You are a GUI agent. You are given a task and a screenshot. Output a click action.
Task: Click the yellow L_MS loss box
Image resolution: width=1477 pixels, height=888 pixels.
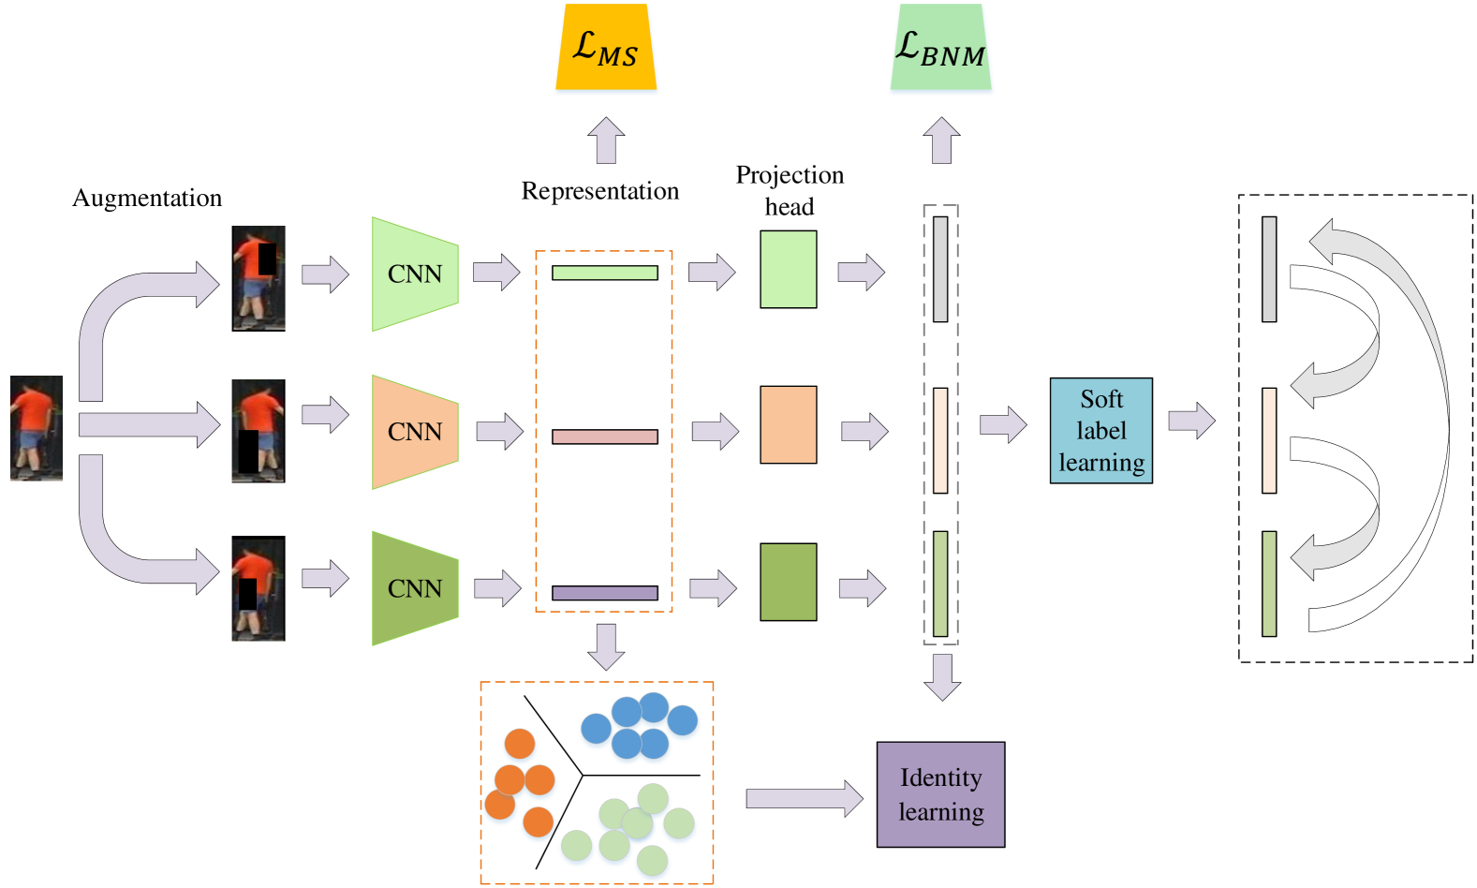[606, 49]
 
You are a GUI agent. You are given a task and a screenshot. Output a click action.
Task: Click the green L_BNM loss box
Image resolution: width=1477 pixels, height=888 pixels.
[941, 49]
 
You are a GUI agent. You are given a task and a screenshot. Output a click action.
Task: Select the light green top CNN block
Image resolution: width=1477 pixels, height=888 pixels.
[415, 274]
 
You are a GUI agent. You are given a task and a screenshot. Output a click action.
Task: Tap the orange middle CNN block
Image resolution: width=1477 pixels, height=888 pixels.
[415, 431]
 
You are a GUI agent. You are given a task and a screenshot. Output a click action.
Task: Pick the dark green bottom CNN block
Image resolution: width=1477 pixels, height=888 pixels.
[415, 588]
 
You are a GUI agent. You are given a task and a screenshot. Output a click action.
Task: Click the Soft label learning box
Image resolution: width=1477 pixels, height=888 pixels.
[1100, 431]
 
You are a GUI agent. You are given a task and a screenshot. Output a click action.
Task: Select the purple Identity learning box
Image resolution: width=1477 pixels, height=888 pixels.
[940, 794]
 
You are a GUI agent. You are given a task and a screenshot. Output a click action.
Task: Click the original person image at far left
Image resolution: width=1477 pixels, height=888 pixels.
[37, 428]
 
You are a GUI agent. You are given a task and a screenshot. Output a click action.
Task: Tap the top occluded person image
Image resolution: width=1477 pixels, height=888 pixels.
[259, 277]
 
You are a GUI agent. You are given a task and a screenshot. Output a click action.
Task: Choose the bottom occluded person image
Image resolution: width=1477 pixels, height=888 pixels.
[258, 590]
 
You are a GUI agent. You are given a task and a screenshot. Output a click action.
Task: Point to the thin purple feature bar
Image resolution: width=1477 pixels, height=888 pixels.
[604, 593]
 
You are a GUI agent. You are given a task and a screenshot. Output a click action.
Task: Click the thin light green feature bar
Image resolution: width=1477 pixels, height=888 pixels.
[604, 273]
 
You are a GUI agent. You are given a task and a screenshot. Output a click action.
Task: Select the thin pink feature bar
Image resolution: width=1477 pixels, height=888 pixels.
[604, 437]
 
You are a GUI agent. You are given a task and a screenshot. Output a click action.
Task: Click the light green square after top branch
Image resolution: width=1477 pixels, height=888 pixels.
[788, 269]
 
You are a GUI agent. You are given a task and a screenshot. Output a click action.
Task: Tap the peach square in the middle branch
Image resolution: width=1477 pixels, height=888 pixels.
[788, 424]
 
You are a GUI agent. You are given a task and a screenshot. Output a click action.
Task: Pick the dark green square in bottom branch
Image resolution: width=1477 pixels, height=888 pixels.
[788, 582]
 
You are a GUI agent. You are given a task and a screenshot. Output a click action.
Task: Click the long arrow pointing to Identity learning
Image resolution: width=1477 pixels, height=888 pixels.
[804, 798]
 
